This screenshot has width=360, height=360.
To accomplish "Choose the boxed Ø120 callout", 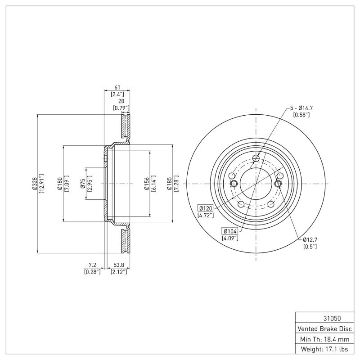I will click(205, 208).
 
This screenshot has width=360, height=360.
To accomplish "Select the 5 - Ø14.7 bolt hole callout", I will click(301, 108).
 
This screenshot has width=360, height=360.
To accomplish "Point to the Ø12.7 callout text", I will click(310, 239).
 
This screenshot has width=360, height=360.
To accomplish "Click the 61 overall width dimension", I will click(117, 87).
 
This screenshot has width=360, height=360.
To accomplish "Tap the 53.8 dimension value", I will click(119, 265).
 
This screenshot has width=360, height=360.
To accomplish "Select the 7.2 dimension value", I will click(92, 265).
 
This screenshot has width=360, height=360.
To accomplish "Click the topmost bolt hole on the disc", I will click(256, 158).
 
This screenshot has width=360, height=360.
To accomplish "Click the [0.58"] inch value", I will click(301, 115).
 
